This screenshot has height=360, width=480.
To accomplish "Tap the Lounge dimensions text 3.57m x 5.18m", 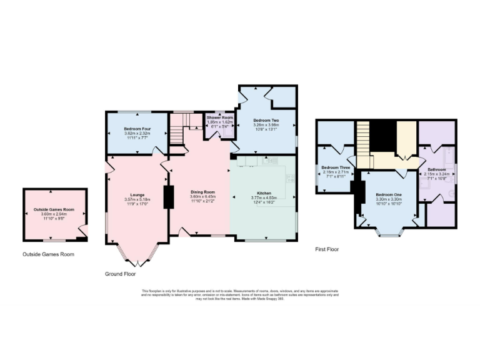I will [137, 200].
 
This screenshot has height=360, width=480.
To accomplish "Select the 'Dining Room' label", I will [202, 192].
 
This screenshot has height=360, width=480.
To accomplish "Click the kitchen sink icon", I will [271, 161].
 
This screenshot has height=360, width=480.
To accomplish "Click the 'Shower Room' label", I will [220, 118].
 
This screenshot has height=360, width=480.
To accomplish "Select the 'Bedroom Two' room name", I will [266, 120].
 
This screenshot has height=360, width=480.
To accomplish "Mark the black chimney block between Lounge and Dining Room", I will [168, 197].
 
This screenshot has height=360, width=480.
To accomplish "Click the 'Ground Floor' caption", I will [120, 274].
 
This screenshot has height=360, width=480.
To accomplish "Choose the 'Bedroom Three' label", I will [336, 167].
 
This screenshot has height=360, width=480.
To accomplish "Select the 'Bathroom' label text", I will [436, 169].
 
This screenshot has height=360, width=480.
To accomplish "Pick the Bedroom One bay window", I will [389, 234].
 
